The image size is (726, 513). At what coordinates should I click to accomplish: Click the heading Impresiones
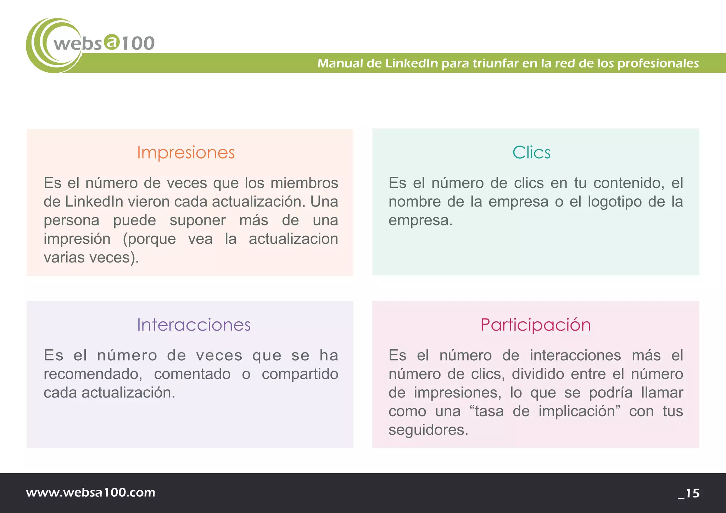186,153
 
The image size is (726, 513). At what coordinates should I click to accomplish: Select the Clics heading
531,153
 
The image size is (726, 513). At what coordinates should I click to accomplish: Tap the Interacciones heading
194,325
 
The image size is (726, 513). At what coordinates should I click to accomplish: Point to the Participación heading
535,325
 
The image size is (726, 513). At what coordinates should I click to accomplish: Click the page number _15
689,493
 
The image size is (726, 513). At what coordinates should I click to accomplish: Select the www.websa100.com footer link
91,492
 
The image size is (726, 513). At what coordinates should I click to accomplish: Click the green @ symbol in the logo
112,42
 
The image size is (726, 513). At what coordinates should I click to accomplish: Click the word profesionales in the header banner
658,63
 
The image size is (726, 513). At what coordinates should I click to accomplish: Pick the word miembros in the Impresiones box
304,183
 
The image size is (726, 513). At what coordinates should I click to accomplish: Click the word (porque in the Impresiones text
149,239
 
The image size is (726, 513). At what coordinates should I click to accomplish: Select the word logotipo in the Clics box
614,202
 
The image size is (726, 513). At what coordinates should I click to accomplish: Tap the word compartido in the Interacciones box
300,374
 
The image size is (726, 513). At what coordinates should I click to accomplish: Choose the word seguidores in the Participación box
428,430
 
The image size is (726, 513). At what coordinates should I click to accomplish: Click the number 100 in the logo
138,44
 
